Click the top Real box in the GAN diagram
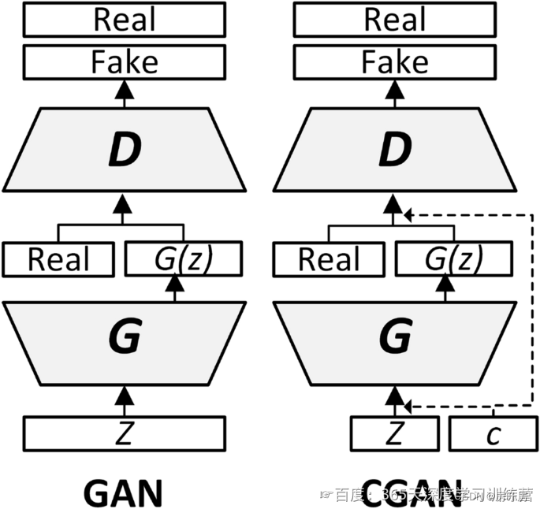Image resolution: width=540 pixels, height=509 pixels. [x=125, y=20]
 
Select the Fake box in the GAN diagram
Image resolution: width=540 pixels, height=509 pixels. [x=125, y=61]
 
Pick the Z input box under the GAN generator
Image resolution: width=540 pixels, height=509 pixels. [x=125, y=433]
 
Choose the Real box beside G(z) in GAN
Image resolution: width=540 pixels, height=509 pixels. [x=59, y=259]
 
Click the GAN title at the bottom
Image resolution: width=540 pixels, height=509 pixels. [x=122, y=492]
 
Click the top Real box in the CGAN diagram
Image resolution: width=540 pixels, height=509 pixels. [x=394, y=20]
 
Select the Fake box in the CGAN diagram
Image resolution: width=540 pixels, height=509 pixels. [x=394, y=61]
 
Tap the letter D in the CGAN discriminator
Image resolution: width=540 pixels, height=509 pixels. [x=393, y=150]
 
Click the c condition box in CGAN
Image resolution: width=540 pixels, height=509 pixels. [x=493, y=433]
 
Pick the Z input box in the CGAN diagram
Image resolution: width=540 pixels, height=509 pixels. [x=394, y=433]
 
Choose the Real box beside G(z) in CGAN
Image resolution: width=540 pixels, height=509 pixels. [x=328, y=259]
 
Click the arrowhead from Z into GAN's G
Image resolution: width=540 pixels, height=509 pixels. [x=123, y=392]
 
